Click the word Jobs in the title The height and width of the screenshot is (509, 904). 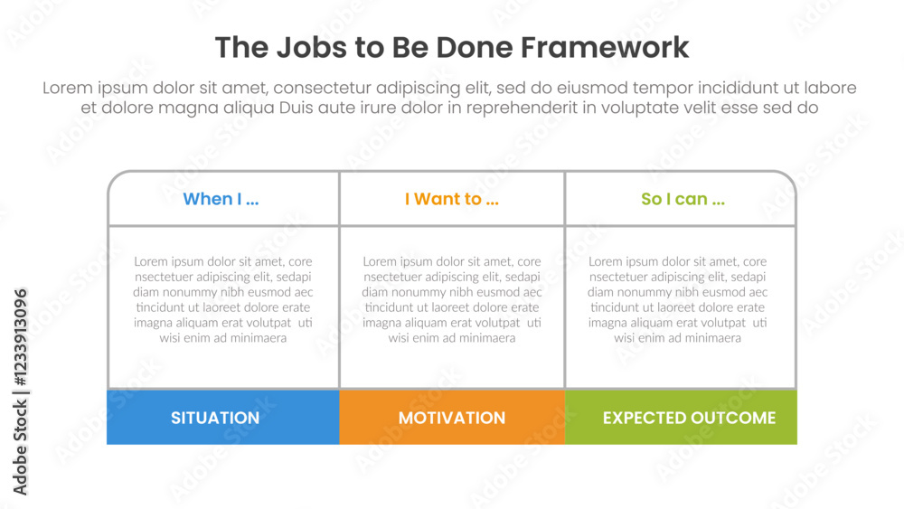[x=304, y=47]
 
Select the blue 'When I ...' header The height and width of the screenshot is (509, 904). [x=221, y=199]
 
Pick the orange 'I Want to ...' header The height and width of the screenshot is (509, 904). [x=451, y=199]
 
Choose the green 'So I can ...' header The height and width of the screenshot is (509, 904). [x=683, y=199]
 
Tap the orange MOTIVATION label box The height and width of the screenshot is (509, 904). [x=452, y=418]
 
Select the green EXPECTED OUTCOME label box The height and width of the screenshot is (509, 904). [x=682, y=418]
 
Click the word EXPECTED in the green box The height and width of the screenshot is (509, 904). [x=643, y=418]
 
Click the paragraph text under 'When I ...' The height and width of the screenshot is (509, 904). [x=223, y=300]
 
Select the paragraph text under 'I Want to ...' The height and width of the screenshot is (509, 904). [x=452, y=300]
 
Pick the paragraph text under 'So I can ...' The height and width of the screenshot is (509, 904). [x=678, y=300]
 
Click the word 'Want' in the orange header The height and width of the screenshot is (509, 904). [x=437, y=199]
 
